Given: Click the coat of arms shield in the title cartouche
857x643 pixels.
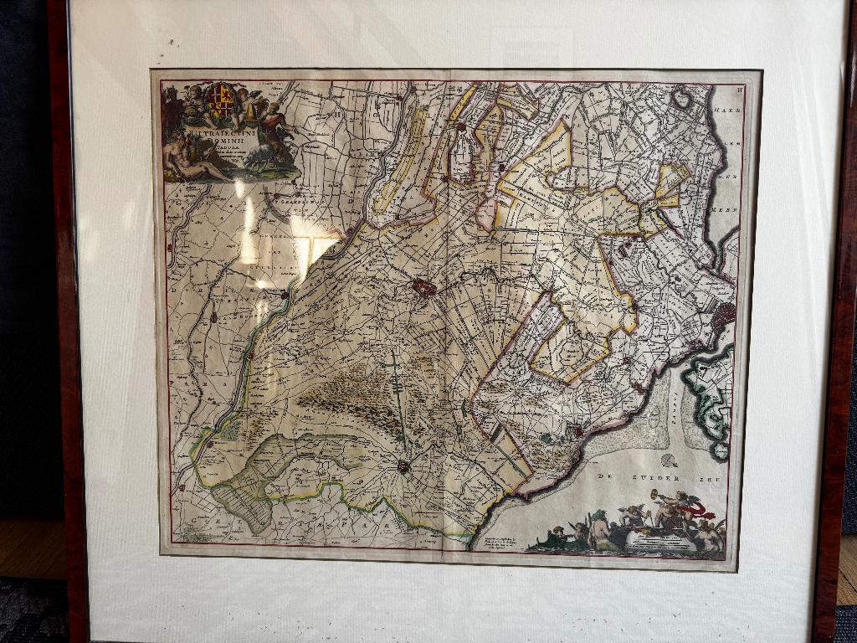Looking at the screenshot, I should click(x=220, y=100).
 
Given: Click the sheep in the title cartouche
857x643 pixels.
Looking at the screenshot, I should click(x=261, y=159).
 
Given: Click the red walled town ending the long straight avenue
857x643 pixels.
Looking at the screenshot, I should click(x=404, y=466).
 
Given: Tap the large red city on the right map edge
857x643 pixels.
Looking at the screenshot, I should click(x=724, y=316).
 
